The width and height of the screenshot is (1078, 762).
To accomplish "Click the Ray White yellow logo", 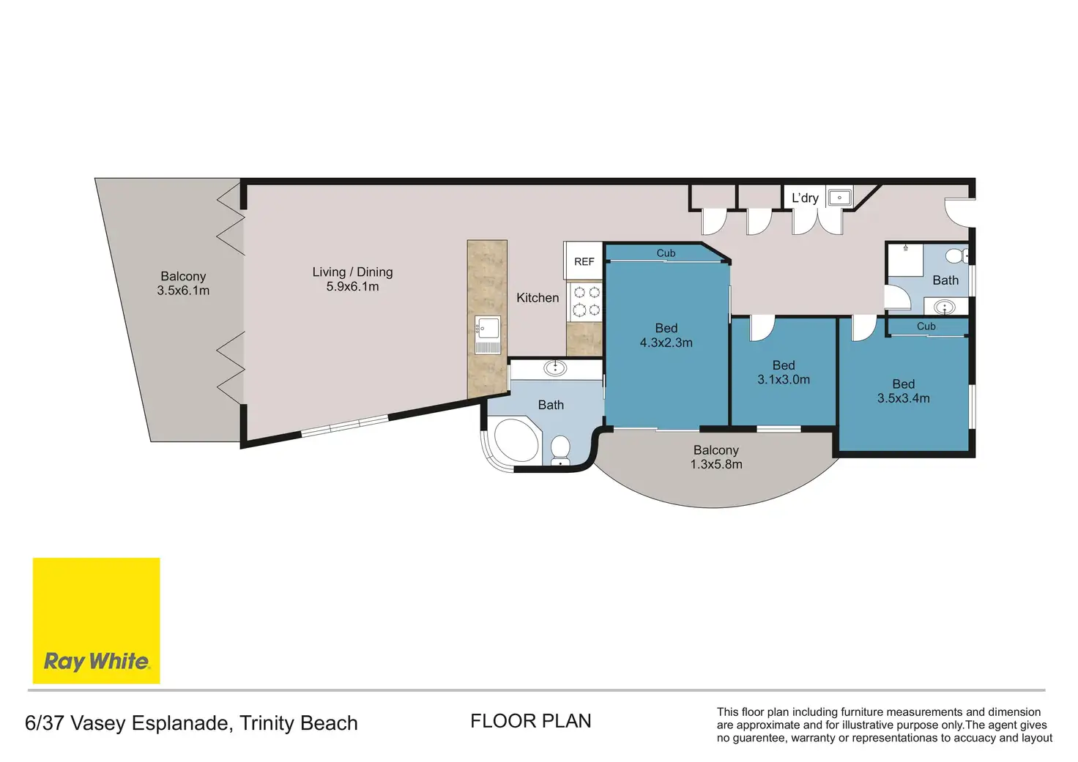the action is click(x=96, y=620).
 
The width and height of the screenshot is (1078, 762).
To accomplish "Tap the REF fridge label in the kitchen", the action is click(x=584, y=262).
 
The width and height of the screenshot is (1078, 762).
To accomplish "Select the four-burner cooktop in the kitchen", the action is click(x=586, y=301).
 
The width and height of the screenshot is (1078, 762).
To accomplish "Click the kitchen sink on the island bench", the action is click(x=488, y=335).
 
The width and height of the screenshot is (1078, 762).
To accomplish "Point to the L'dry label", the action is click(x=805, y=198).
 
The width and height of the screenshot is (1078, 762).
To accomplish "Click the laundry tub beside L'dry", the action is click(x=839, y=197).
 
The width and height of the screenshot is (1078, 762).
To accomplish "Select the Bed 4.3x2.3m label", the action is click(x=666, y=335).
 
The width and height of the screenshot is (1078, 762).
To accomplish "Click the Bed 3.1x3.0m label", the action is click(x=784, y=373).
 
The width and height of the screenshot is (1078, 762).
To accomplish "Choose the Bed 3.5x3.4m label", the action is click(x=903, y=391).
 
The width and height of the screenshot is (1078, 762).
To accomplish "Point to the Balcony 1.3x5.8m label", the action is click(x=716, y=457).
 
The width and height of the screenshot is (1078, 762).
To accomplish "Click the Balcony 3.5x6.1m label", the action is click(x=183, y=283).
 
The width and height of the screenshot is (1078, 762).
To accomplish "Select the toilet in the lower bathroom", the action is click(x=560, y=451).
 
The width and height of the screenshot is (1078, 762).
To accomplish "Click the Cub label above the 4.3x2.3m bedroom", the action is click(x=666, y=253).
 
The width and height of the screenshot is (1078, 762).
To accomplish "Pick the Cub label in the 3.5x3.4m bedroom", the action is click(x=926, y=326).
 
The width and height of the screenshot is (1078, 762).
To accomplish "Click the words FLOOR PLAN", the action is click(x=530, y=721).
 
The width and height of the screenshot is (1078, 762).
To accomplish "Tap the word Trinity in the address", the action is click(x=267, y=723).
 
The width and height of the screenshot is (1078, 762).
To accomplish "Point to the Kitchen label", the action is click(x=538, y=298).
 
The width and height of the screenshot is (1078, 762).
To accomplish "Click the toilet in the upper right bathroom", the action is click(x=956, y=255).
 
